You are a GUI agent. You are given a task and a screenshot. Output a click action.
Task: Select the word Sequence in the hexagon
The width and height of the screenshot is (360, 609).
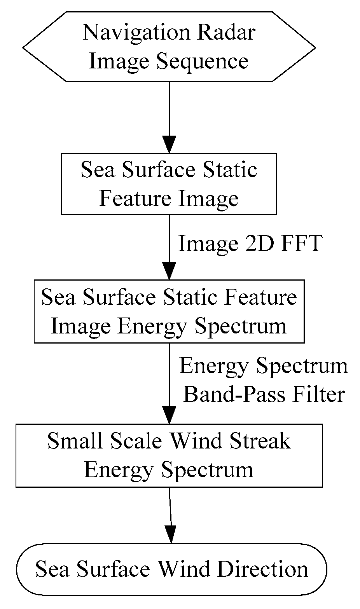pos(202,61)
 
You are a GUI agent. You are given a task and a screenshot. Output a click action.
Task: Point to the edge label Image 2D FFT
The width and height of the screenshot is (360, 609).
pos(250,244)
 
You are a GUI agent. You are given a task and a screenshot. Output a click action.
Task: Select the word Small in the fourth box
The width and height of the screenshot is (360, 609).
pos(69,441)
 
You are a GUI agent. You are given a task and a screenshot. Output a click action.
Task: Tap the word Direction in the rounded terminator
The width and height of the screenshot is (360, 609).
pos(262,569)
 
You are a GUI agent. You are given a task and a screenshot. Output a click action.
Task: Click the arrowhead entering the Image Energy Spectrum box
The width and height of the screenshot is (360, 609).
pos(169,271)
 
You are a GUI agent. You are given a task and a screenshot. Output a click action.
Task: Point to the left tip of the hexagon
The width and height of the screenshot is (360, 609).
pos(24,47)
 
